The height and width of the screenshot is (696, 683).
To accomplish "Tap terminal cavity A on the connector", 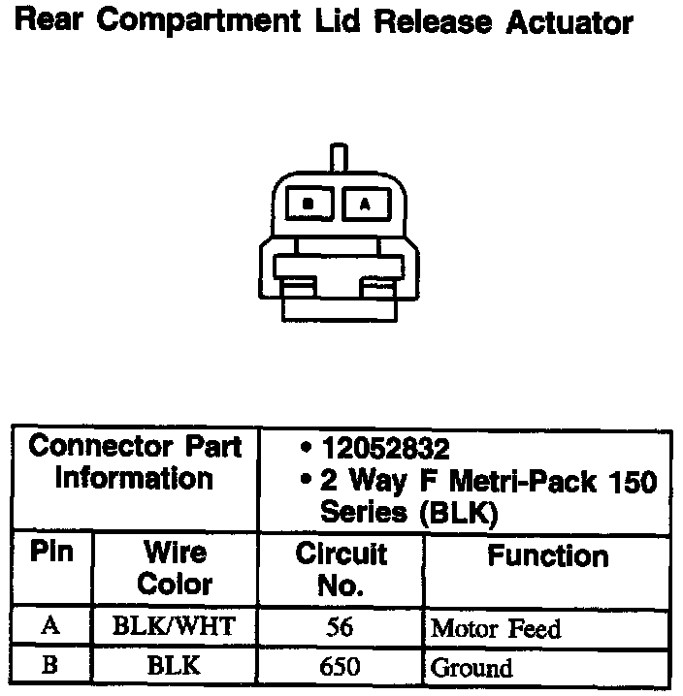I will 365,204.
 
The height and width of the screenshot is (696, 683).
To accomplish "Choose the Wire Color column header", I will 175,568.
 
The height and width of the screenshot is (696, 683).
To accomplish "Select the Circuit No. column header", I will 341,569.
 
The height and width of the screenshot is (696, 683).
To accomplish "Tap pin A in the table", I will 51,626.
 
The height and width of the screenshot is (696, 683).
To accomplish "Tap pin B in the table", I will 51,666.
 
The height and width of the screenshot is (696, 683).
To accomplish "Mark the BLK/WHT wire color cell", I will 174,626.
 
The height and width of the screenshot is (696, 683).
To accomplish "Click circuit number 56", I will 340,627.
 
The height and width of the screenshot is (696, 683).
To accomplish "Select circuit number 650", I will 340,667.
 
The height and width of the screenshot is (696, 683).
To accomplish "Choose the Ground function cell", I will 472,668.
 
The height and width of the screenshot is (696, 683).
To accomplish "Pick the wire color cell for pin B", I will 174,666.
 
